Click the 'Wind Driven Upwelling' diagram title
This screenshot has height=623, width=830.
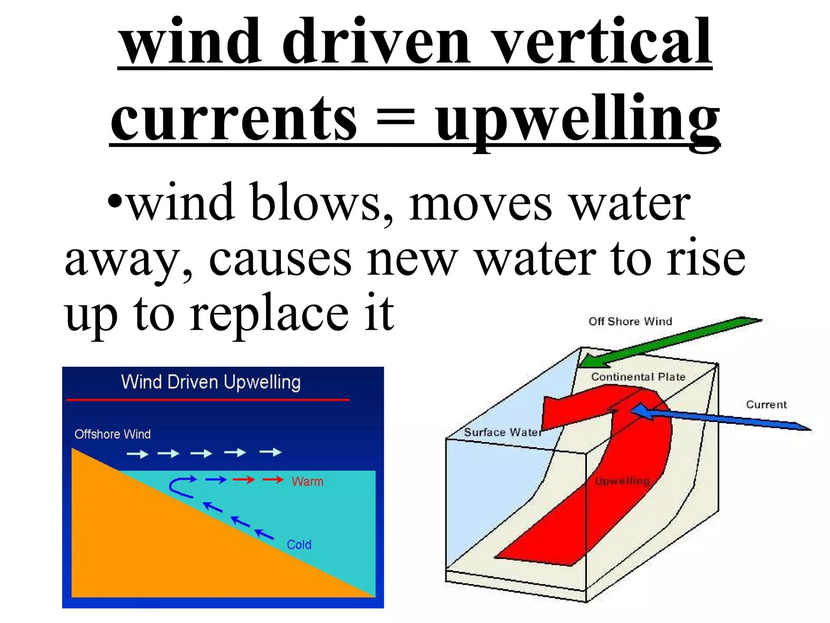click(211, 382)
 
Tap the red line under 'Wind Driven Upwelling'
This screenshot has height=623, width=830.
click(207, 400)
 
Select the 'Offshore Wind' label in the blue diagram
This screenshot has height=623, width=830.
click(112, 434)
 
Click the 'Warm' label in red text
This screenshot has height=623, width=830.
click(307, 481)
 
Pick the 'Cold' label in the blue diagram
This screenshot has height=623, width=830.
click(299, 544)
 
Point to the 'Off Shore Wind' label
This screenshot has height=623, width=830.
click(630, 321)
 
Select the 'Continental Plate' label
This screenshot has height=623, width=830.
click(638, 377)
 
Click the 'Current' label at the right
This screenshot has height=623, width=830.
click(766, 404)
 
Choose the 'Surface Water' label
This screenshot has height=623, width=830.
click(503, 432)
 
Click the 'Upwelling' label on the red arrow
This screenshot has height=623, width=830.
click(622, 481)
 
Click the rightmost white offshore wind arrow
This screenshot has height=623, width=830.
click(270, 452)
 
